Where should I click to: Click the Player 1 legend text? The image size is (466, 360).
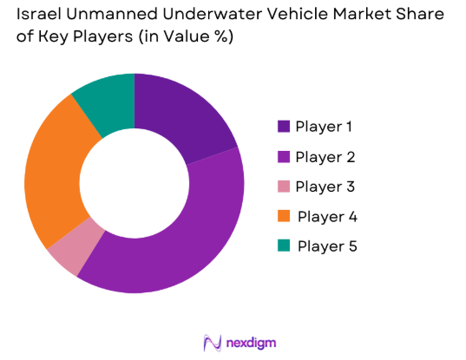[x=324, y=127]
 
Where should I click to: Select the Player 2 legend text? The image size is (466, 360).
[x=324, y=157]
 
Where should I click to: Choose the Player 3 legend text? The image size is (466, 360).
[x=324, y=187]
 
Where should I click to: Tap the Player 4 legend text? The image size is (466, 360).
[x=325, y=216]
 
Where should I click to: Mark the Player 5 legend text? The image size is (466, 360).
[x=325, y=245]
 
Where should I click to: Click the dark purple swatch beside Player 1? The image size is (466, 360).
[x=283, y=127]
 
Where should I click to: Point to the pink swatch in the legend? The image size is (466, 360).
[x=283, y=187]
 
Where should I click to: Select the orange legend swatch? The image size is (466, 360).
[x=283, y=216]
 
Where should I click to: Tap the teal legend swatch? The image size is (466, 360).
[x=283, y=245]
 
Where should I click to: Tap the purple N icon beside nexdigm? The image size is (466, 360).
[x=211, y=341]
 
